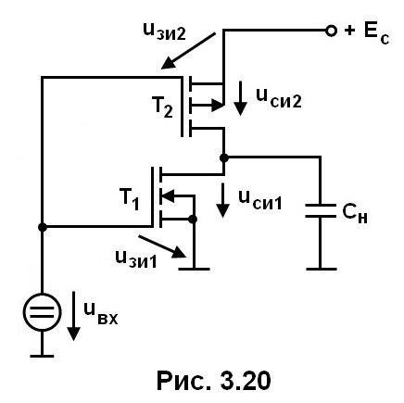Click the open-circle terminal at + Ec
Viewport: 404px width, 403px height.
[331, 31]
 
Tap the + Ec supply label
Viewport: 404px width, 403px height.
[367, 33]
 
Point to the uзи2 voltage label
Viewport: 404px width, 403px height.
[165, 31]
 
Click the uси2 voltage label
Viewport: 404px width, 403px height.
[279, 99]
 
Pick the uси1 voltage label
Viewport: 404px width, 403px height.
[260, 200]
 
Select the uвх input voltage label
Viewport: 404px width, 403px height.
[101, 314]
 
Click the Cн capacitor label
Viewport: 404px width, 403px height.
[355, 213]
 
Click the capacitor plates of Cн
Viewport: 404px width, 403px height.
[321, 210]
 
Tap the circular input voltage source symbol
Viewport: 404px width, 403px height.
[42, 312]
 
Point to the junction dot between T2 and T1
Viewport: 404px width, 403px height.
[224, 158]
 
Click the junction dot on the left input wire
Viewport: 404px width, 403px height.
[42, 227]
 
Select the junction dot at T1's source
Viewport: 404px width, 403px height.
[193, 220]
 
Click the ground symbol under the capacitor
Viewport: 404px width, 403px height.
[322, 269]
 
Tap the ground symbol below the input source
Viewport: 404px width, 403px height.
[42, 356]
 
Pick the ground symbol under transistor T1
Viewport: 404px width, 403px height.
[194, 269]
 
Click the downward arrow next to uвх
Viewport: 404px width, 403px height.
[74, 316]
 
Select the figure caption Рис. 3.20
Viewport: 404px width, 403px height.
[214, 381]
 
